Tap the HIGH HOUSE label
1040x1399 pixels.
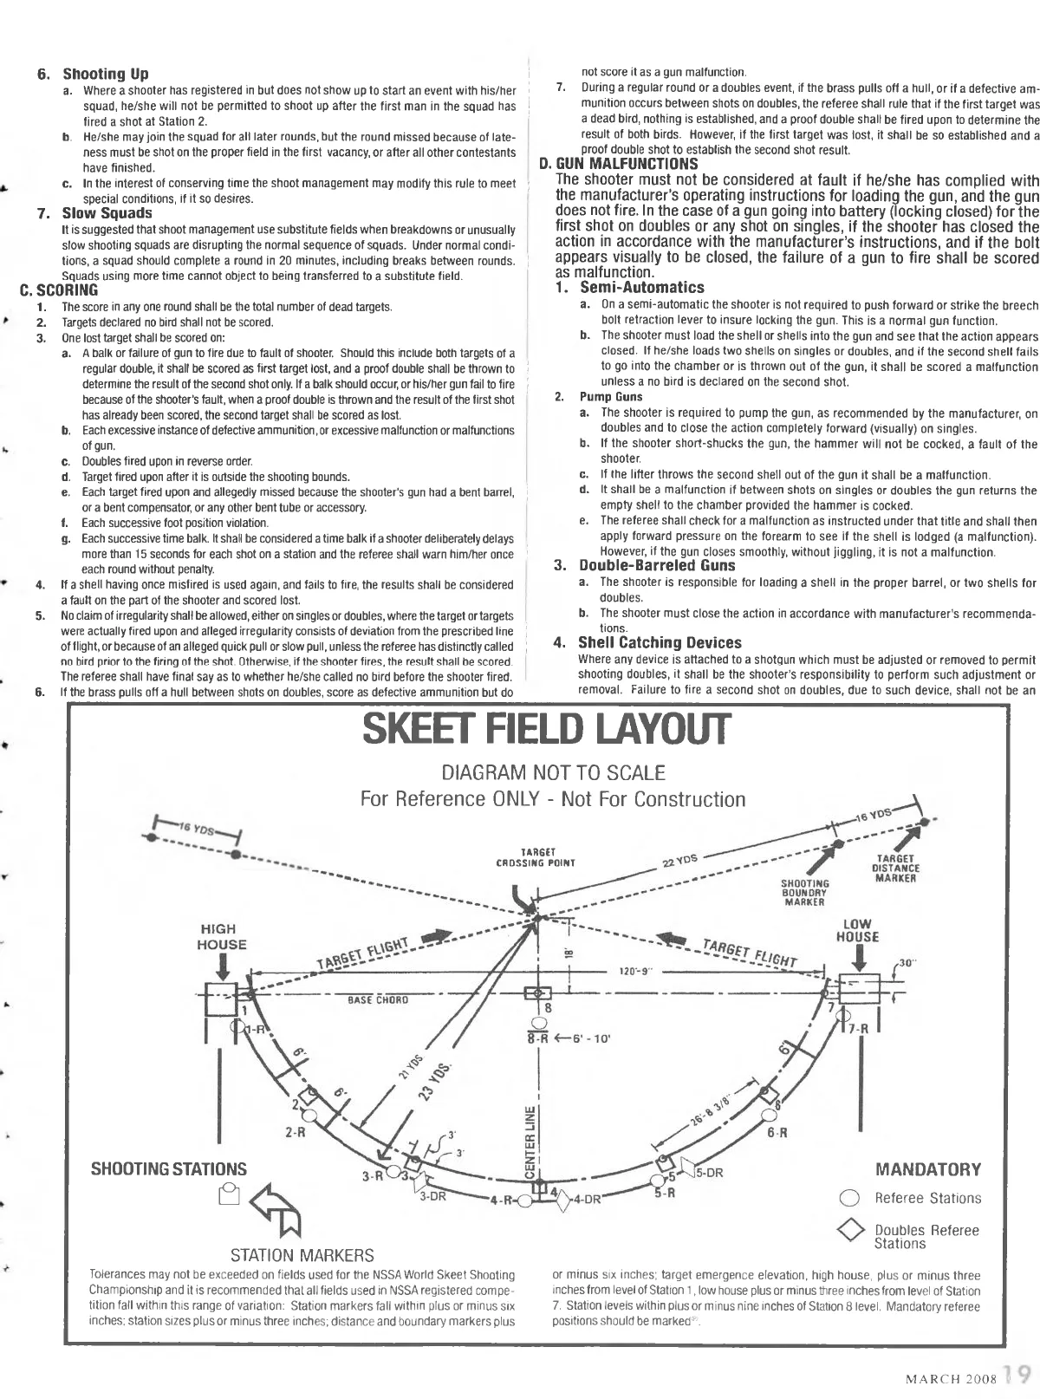(x=223, y=937)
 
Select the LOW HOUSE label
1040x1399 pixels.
(x=857, y=930)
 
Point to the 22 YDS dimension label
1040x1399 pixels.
(x=679, y=862)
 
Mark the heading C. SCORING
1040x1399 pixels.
(x=59, y=290)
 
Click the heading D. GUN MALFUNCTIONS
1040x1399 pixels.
(x=618, y=163)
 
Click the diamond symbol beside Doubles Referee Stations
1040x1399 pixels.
(x=851, y=1231)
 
